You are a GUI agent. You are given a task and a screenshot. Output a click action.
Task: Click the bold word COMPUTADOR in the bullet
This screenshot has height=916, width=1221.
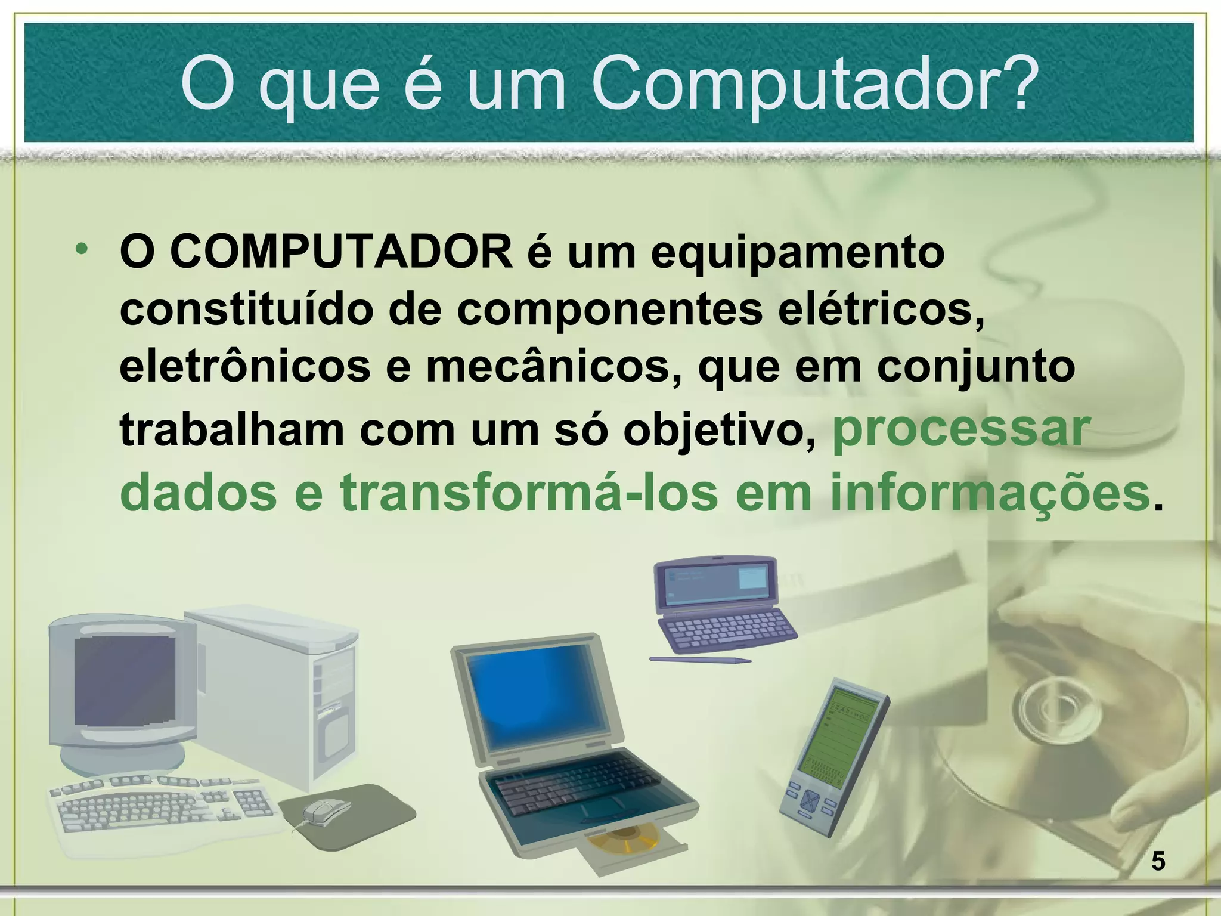tap(342, 251)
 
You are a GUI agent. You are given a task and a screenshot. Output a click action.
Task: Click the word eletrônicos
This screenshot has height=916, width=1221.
tap(245, 366)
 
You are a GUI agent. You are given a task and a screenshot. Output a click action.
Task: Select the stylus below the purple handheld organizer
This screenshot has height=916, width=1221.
tap(700, 659)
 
